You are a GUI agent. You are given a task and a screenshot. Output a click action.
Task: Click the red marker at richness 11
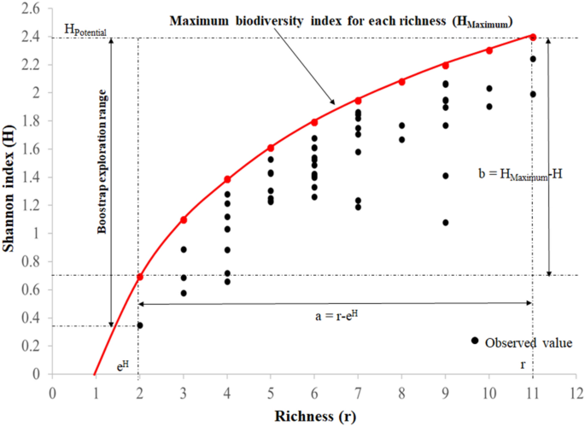point(533,37)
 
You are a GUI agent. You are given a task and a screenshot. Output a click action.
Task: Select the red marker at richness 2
point(139,277)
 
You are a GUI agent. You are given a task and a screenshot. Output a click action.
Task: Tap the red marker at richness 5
point(271,148)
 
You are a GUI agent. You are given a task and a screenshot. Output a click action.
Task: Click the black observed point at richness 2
point(139,325)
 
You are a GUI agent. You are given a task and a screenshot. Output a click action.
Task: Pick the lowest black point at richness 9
point(445,223)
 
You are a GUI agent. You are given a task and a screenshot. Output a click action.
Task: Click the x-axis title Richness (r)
point(314,416)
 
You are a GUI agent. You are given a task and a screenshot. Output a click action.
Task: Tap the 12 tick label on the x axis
point(576,392)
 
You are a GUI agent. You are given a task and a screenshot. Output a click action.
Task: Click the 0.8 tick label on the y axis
point(32,262)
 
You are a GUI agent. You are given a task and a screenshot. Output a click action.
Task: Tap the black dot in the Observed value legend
point(474,341)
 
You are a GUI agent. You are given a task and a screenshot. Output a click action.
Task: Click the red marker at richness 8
point(401,82)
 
